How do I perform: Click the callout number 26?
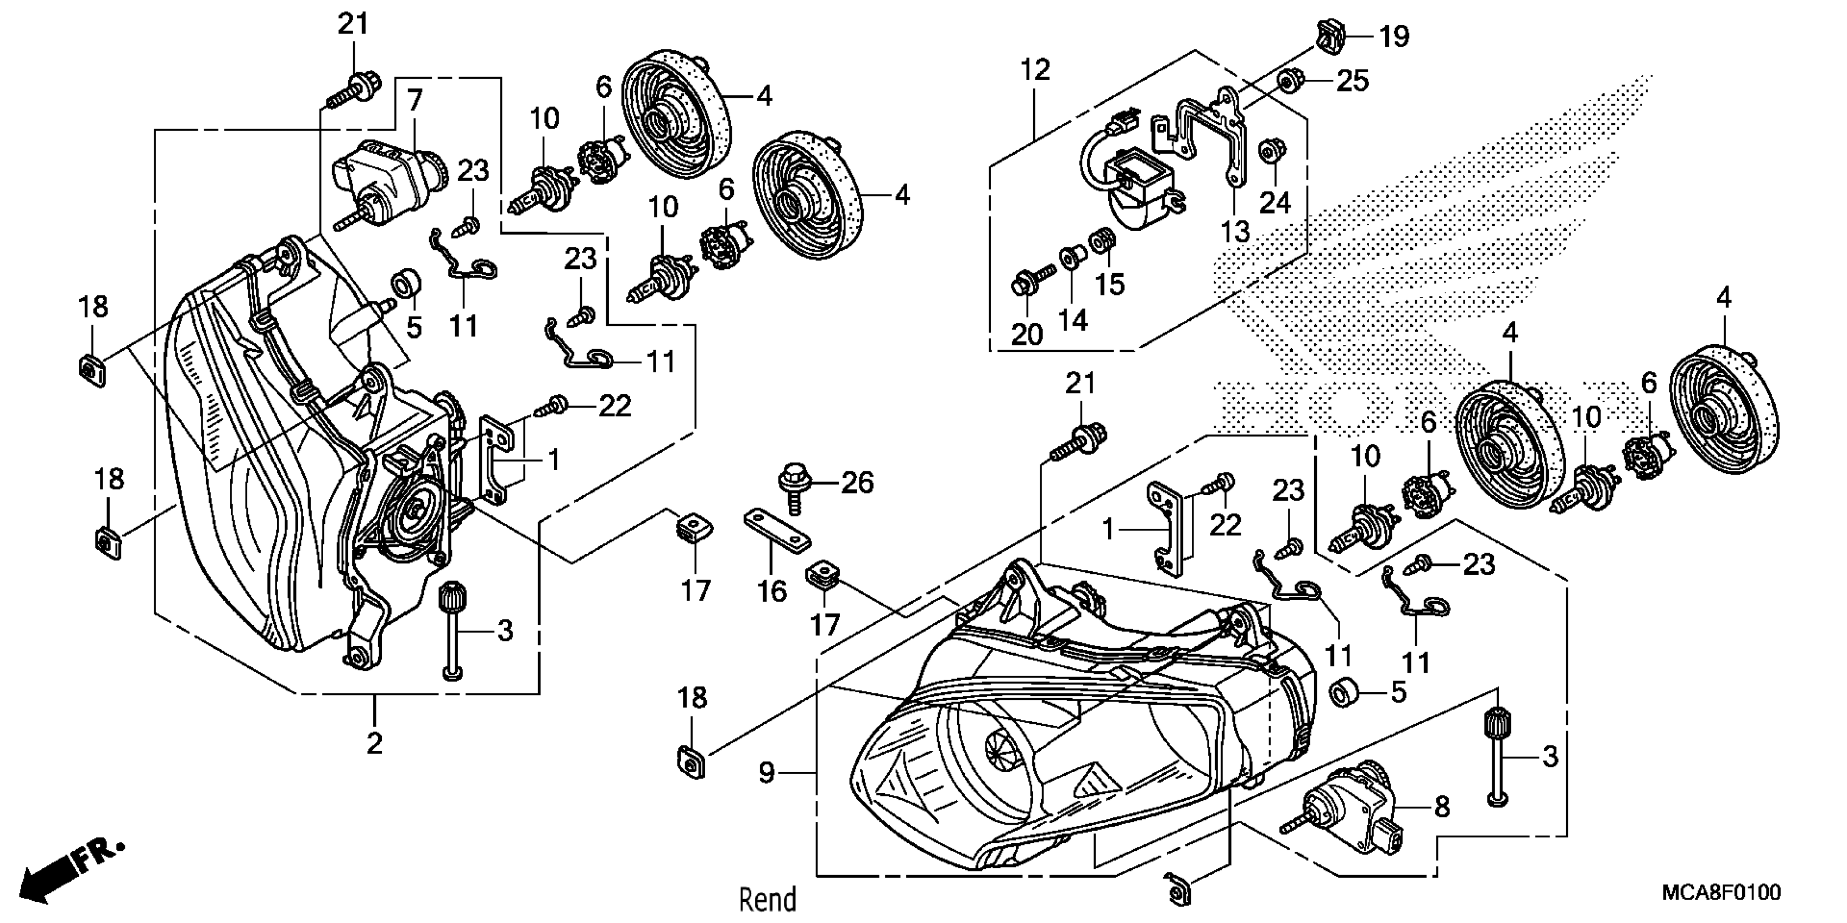coord(858,483)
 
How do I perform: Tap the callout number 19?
coord(1394,36)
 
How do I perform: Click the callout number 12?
coord(1035,69)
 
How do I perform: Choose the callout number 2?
coord(374,743)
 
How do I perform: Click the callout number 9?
coord(767,773)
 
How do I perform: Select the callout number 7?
coord(415,101)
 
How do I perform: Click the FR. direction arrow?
coord(68,869)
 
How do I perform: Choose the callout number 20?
coord(1027,334)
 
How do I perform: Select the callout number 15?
coord(1110,284)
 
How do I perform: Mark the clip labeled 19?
coord(1328,36)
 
